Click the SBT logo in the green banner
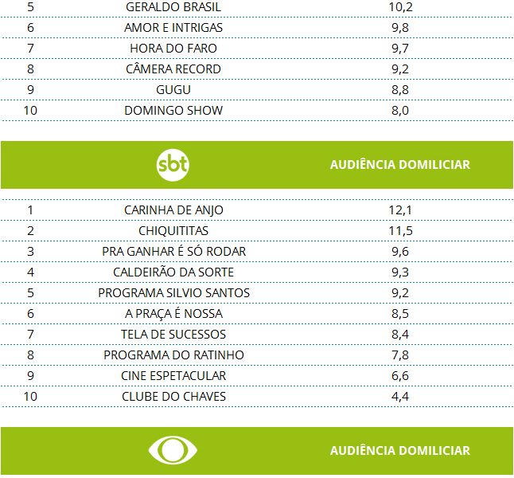click(173, 165)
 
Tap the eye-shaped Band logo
click(173, 450)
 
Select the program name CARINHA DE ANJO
click(173, 210)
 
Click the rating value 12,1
click(399, 210)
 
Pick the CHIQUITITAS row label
click(173, 231)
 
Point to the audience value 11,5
click(399, 231)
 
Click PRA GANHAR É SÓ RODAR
click(173, 252)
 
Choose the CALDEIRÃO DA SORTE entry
click(173, 272)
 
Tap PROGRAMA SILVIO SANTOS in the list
click(173, 293)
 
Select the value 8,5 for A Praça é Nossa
click(399, 314)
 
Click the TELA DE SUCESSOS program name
click(173, 335)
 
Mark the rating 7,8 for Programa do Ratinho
click(399, 355)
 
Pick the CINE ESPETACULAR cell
click(173, 376)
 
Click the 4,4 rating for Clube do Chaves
click(399, 397)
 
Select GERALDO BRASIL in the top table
click(173, 7)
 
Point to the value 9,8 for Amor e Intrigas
click(399, 28)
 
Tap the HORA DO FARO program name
click(173, 49)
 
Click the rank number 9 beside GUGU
click(30, 90)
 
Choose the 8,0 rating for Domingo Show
click(399, 111)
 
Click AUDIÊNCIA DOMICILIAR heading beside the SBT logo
click(399, 165)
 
